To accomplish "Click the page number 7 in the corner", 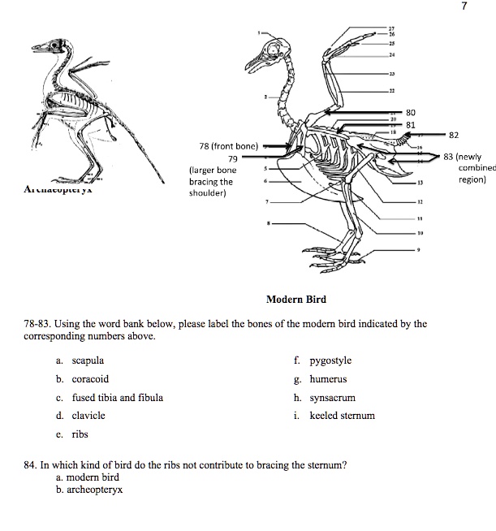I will (x=485, y=7).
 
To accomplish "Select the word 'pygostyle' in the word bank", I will (x=328, y=360).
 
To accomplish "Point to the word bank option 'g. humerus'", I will (x=324, y=378).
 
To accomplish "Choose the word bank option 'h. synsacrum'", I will (x=327, y=397).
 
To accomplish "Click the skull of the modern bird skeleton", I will (x=275, y=57).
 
